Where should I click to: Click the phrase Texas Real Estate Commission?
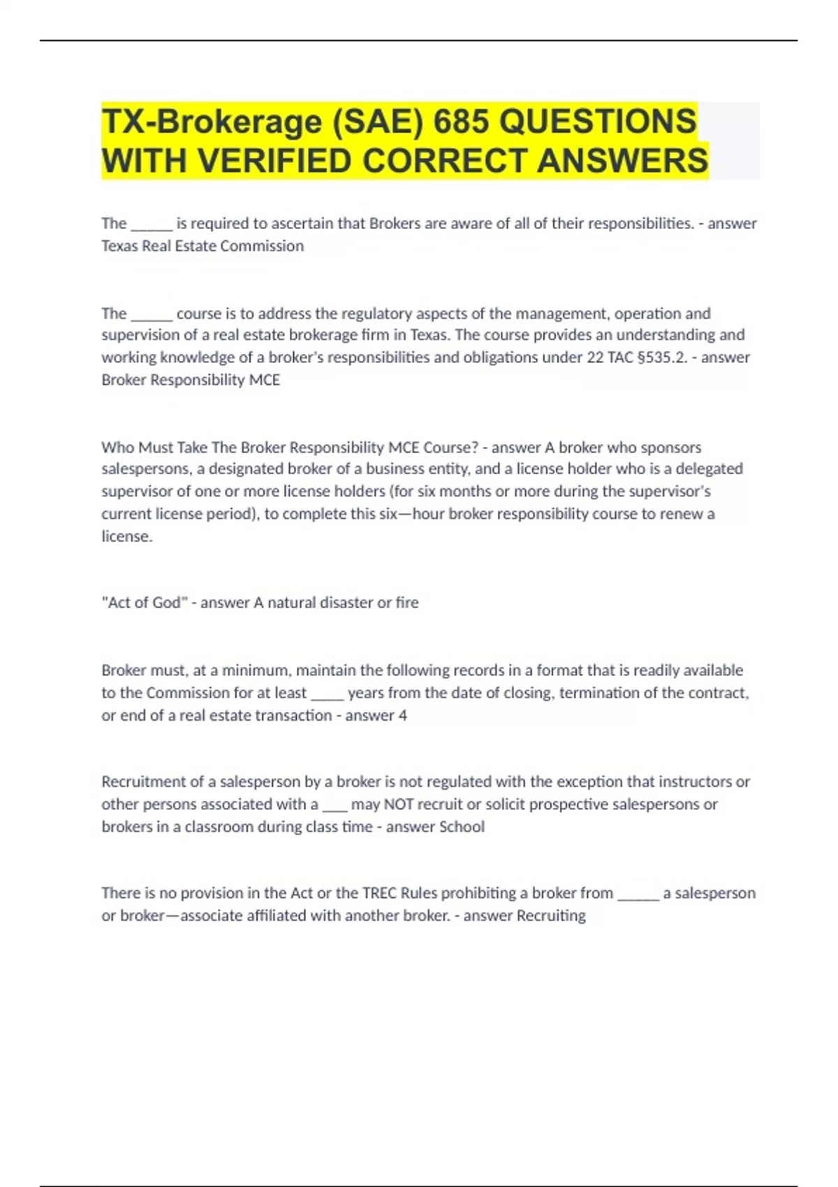203,246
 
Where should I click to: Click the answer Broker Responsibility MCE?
191,380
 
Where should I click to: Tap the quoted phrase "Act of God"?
145,603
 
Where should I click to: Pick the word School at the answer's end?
460,827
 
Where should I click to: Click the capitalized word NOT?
399,804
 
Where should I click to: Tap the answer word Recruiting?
550,915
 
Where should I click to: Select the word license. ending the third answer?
126,536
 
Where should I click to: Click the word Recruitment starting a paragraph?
148,782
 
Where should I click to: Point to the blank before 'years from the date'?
327,693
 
